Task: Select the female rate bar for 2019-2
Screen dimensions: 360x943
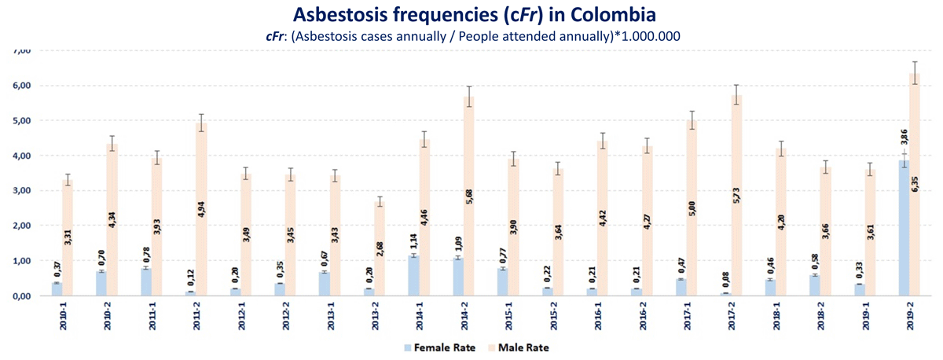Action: [x=904, y=228]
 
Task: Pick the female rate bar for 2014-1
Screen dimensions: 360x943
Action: [x=414, y=275]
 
